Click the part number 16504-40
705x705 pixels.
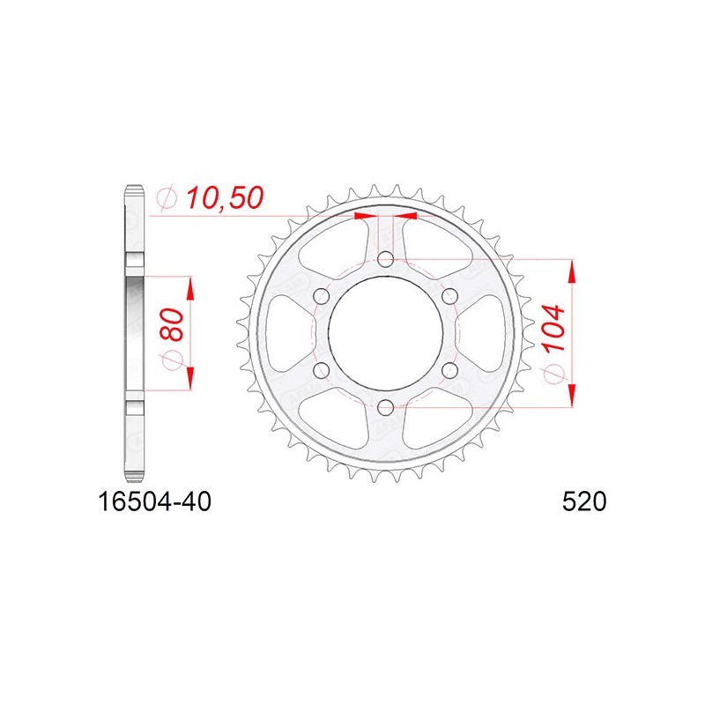click(154, 501)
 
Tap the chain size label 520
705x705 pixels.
click(584, 501)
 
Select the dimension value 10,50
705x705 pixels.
click(225, 198)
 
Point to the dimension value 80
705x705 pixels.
click(171, 324)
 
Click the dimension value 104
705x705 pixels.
click(553, 328)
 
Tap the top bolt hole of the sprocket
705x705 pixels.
click(385, 259)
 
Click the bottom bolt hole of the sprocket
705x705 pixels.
click(385, 408)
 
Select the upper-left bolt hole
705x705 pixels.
click(321, 296)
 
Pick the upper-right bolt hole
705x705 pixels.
click(449, 296)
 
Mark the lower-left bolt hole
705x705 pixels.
click(321, 370)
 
